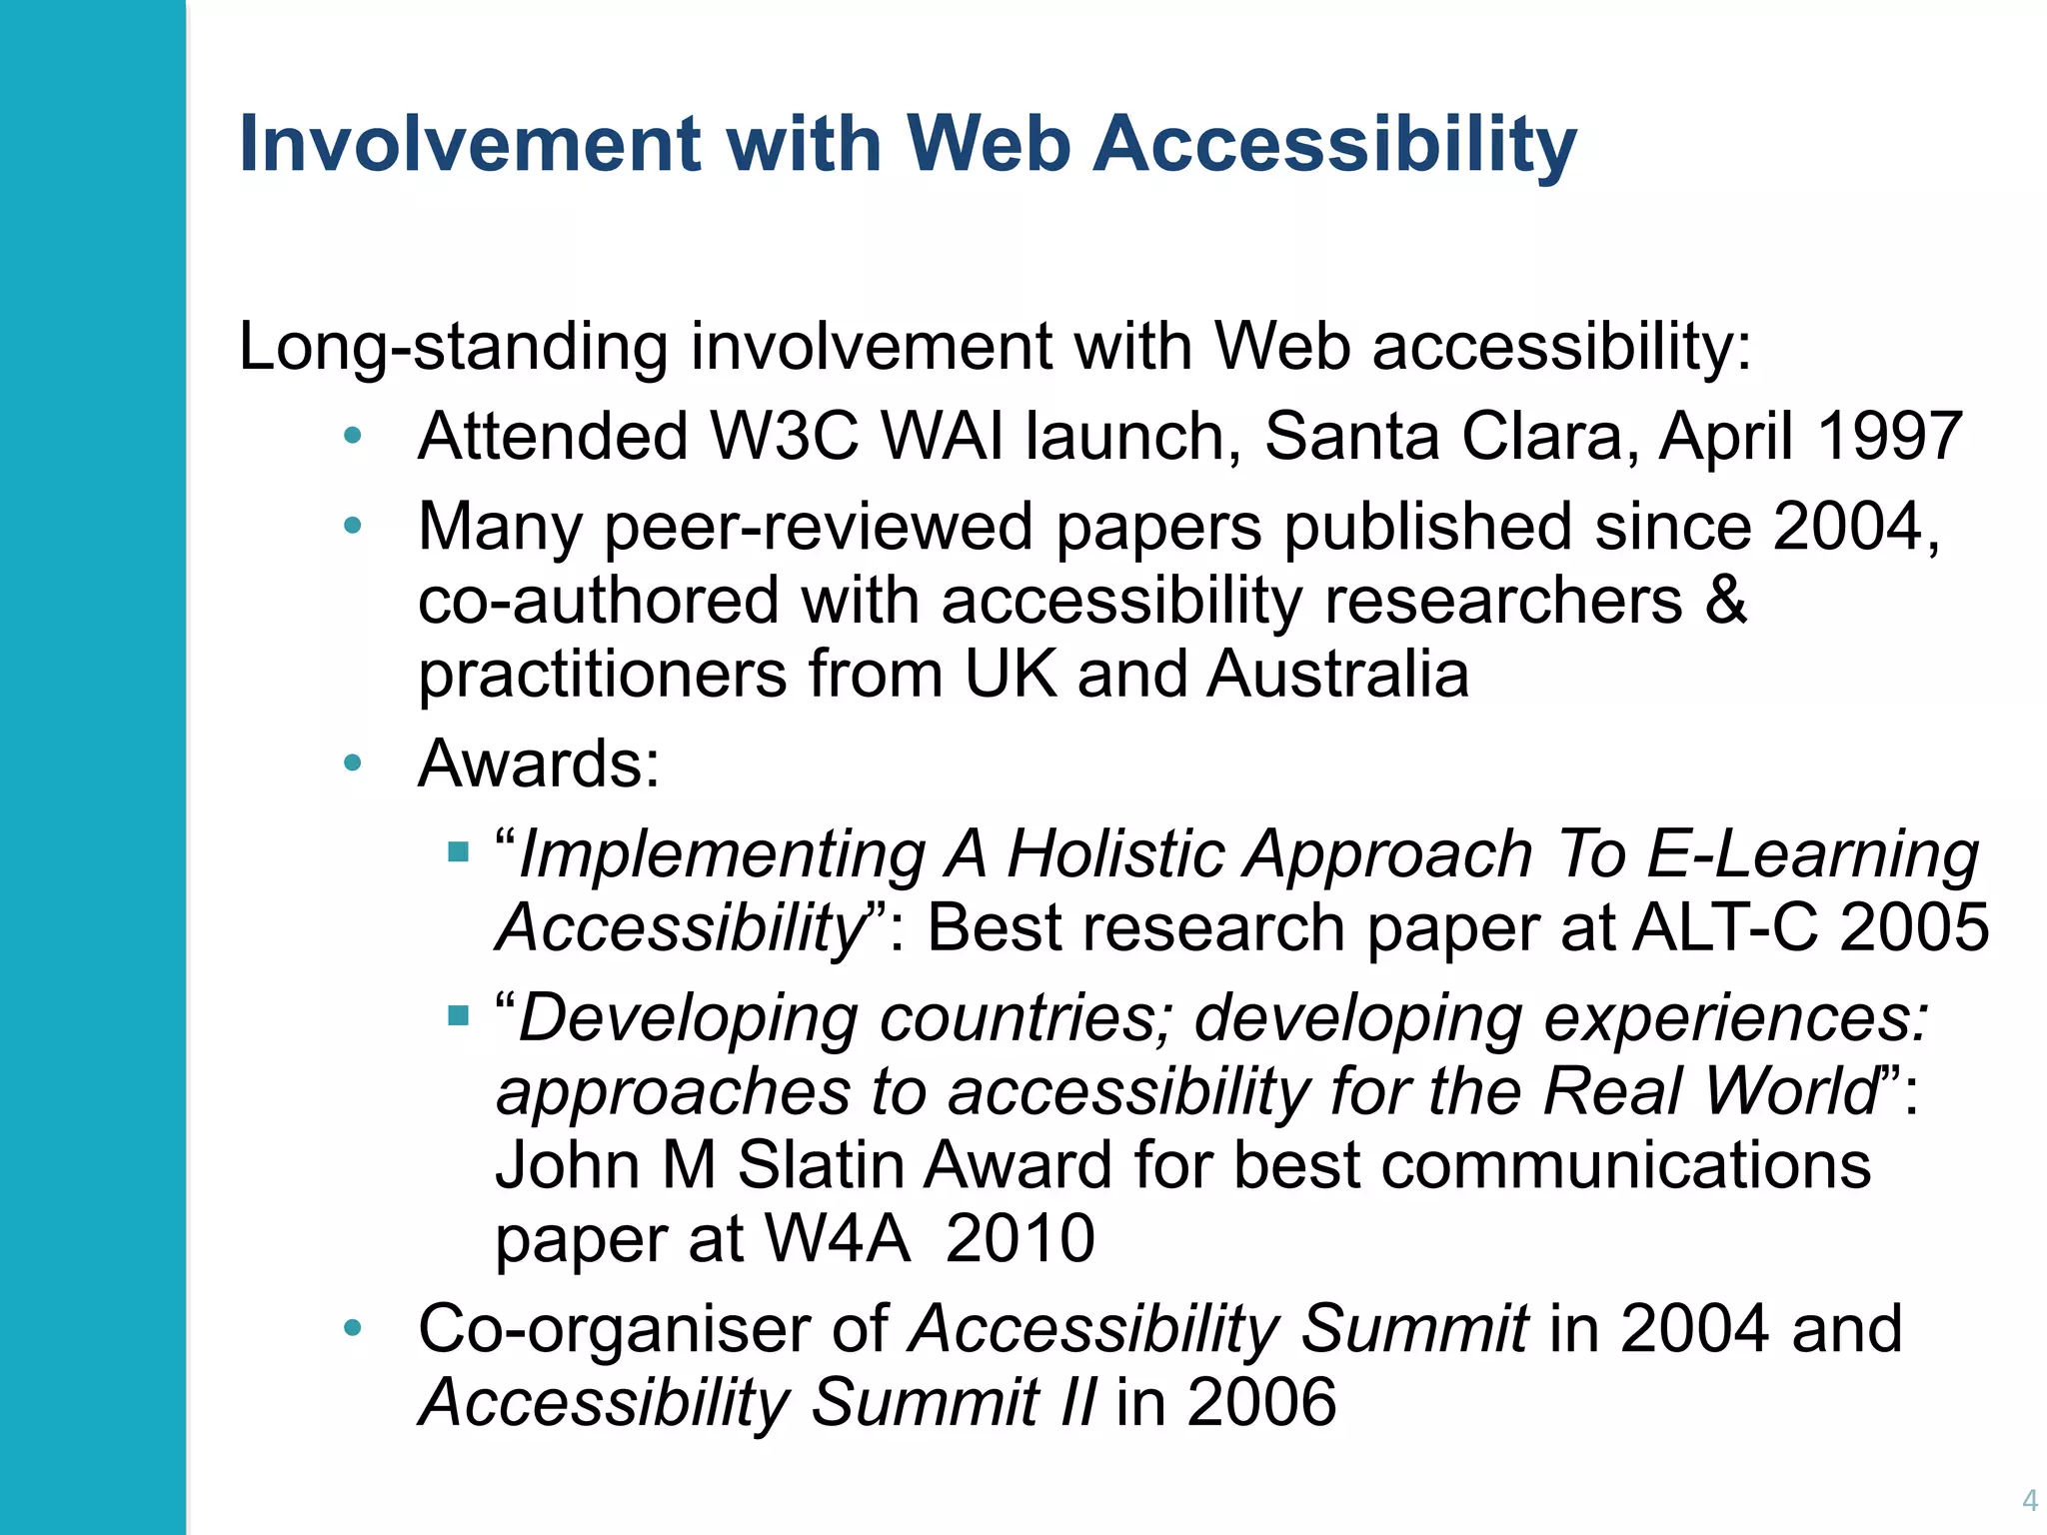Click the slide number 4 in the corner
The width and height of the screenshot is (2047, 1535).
click(x=2029, y=1500)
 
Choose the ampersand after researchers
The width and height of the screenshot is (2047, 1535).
click(x=1726, y=601)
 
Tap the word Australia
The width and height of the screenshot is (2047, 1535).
click(x=1338, y=675)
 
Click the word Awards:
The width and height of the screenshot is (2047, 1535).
click(x=539, y=765)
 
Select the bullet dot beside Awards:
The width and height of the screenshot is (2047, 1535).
click(x=352, y=765)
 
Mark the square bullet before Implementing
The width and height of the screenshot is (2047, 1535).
click(x=459, y=852)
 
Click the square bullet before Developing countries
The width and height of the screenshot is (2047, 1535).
click(x=459, y=1016)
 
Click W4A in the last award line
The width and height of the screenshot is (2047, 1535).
click(x=838, y=1240)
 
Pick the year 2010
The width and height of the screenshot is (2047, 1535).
click(x=1020, y=1240)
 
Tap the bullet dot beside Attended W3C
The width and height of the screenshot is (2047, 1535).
click(x=352, y=437)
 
